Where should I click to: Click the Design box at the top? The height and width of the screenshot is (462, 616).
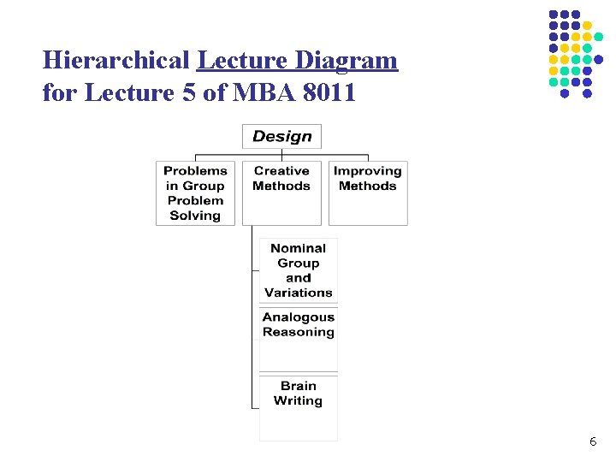(x=282, y=137)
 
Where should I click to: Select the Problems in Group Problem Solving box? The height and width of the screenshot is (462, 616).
(x=195, y=193)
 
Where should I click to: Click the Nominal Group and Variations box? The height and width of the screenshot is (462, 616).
(x=299, y=270)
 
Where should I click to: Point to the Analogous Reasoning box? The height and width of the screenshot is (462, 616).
(x=299, y=325)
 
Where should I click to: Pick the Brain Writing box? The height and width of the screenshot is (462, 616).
(x=299, y=394)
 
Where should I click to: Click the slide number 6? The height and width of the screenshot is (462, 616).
(x=593, y=441)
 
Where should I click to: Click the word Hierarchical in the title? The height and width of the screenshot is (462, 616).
(x=116, y=61)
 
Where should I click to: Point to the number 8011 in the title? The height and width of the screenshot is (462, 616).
(x=329, y=92)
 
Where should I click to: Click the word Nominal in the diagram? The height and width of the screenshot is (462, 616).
(x=299, y=248)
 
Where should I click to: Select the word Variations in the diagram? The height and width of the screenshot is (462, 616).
(x=299, y=293)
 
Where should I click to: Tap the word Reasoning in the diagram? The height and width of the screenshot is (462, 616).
(x=299, y=332)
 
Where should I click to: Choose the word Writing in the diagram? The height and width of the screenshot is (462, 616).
(x=299, y=400)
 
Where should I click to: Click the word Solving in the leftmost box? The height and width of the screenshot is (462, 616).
(x=195, y=216)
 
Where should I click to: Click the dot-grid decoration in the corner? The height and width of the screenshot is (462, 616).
(x=571, y=53)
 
